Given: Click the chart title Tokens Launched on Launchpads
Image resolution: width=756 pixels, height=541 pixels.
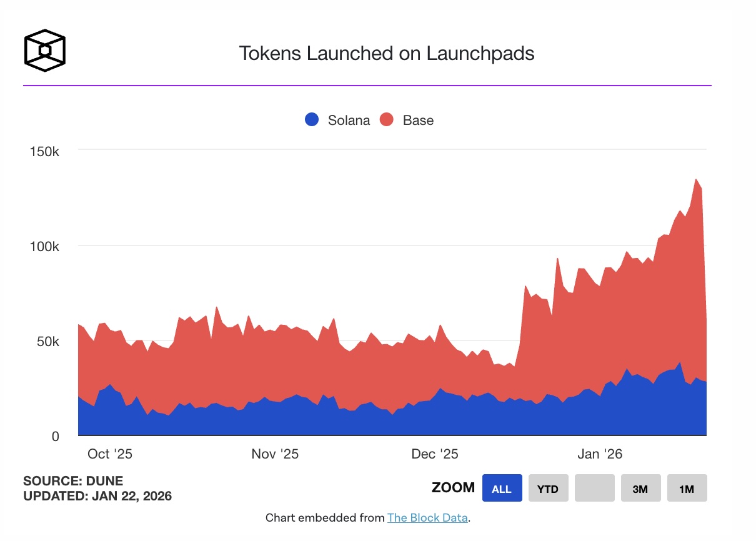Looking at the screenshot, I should (386, 54).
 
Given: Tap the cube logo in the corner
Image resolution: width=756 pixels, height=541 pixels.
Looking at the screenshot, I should (44, 49).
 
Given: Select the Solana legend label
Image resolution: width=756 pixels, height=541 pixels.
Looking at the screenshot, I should (349, 120).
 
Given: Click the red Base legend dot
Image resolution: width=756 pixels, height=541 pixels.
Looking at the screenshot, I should (387, 120).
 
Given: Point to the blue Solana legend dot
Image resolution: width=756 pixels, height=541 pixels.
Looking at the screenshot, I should (312, 120).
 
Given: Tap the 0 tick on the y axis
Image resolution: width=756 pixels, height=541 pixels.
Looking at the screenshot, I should (55, 437).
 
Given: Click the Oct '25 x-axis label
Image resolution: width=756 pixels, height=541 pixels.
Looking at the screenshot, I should (110, 454).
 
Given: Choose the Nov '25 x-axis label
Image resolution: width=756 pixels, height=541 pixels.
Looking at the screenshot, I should (275, 454).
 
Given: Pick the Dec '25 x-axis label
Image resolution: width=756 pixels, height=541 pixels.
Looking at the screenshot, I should (435, 454).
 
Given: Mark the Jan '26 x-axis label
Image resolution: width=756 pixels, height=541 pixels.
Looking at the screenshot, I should (599, 454).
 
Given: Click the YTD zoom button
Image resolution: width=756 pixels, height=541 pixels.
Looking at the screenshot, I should (548, 489).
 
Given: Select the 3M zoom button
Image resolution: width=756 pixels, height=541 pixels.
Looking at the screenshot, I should (640, 489).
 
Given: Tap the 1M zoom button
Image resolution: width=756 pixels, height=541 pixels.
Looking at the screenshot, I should (687, 489).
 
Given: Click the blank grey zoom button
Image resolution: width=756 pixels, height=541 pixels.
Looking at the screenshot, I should (594, 489).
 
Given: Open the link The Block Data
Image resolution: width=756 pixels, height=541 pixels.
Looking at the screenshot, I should (427, 518).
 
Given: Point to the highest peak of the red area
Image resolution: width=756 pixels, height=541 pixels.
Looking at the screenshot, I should (695, 180).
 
